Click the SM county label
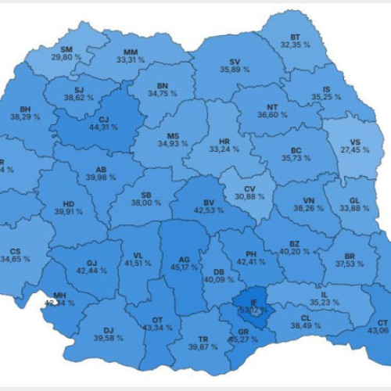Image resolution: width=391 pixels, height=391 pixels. tap(67, 48)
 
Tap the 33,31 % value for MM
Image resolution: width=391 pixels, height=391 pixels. tap(131, 59)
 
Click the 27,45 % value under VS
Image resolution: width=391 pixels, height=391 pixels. tap(354, 149)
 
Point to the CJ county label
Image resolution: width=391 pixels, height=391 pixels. tap(102, 120)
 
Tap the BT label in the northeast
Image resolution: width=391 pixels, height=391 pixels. tap(295, 37)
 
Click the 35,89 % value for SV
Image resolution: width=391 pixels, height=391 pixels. tap(235, 70)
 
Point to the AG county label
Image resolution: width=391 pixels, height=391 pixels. tap(185, 258)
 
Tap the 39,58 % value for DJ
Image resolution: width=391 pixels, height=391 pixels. tap(109, 339)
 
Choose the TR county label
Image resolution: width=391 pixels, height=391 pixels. tap(203, 338)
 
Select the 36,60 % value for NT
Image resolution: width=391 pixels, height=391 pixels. tap(271, 114)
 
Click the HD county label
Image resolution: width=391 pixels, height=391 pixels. tap(68, 202)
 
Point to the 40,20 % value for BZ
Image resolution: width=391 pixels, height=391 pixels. tap(295, 252)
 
